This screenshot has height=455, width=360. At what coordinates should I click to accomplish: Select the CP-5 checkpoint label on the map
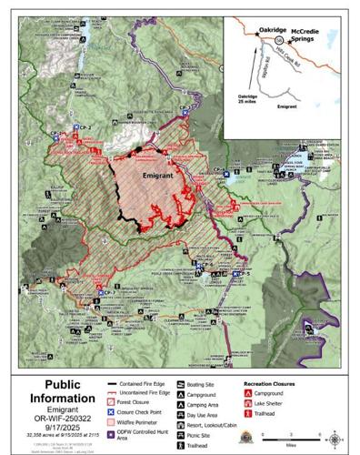(x=237, y=272)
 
